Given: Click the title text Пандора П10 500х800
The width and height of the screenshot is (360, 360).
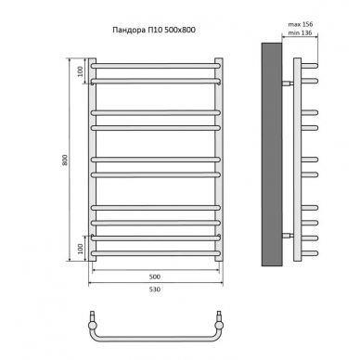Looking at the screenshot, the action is pyautogui.click(x=154, y=30).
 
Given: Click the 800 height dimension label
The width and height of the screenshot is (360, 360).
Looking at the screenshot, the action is pyautogui.click(x=65, y=160).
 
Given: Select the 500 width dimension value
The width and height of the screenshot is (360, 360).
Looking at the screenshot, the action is pyautogui.click(x=155, y=276).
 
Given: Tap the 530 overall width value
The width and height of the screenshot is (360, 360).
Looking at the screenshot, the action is pyautogui.click(x=155, y=289).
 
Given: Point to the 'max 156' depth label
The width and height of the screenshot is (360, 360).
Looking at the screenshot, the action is pyautogui.click(x=301, y=24).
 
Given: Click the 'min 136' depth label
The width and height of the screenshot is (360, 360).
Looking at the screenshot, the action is pyautogui.click(x=300, y=32).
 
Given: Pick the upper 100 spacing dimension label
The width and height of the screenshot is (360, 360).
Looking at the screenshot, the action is pyautogui.click(x=81, y=71).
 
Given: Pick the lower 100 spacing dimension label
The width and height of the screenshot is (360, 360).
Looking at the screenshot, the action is pyautogui.click(x=81, y=249).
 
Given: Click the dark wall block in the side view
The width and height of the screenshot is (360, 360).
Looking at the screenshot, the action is pyautogui.click(x=272, y=154).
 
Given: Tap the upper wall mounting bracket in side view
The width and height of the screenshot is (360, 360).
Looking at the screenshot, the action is pyautogui.click(x=287, y=83).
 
